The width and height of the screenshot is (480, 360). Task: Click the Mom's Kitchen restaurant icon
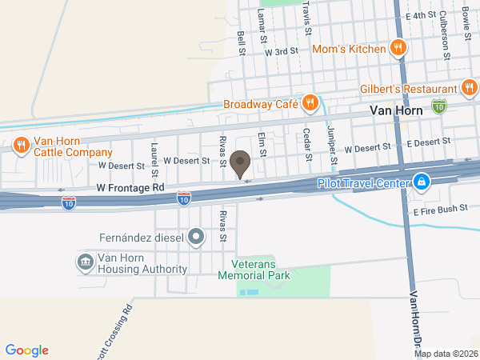398,49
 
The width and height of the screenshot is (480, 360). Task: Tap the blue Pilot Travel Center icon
420,183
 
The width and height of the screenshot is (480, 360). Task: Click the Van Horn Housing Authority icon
85,262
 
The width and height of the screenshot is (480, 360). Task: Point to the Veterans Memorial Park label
254,269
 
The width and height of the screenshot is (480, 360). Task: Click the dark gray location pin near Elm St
239,165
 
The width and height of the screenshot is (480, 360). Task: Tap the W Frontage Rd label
130,186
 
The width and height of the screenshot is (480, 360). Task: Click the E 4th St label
422,15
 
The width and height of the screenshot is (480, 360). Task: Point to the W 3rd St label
281,50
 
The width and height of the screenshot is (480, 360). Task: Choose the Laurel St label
154,151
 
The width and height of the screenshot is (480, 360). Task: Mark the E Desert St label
434,142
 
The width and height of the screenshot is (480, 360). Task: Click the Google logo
27,350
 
